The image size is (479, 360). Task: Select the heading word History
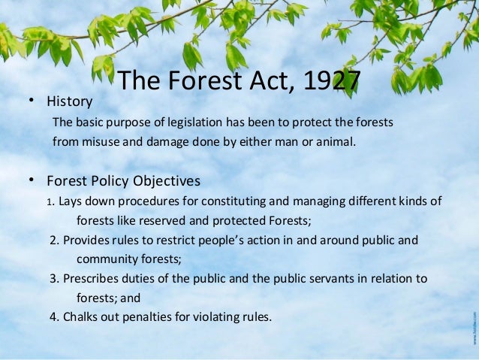69,101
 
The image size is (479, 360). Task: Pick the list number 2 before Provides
54,241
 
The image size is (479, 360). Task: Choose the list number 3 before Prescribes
54,279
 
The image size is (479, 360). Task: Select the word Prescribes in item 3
92,279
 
